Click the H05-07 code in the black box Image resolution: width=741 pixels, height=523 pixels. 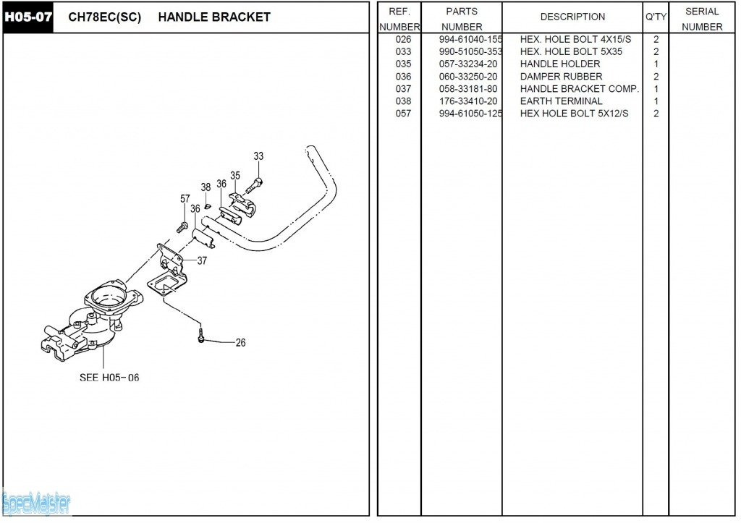[29, 17]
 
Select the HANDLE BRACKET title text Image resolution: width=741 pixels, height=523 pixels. [213, 17]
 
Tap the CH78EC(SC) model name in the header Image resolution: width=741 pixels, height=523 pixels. [104, 17]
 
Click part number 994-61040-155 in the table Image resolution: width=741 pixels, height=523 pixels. [470, 39]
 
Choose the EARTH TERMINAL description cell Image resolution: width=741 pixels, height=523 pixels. [561, 101]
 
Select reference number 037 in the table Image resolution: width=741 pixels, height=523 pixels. [403, 88]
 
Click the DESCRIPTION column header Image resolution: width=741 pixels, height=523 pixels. [572, 17]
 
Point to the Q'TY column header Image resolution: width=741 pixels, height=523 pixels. [656, 17]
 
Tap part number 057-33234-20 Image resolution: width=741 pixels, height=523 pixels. [468, 64]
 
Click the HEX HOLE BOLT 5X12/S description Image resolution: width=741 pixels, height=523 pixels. [574, 113]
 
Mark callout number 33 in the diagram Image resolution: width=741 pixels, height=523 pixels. [258, 156]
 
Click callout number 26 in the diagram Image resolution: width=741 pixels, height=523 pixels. [240, 343]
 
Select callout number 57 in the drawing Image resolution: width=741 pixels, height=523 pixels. [185, 199]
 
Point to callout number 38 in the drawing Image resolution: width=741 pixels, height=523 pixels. [206, 187]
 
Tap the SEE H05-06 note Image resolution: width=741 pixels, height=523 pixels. [109, 378]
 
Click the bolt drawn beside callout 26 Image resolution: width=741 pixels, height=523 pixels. [201, 336]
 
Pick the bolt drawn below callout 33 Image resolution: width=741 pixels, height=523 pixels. [255, 184]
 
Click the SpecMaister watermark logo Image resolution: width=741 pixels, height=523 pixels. [36, 501]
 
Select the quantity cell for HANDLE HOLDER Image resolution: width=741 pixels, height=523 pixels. [656, 64]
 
